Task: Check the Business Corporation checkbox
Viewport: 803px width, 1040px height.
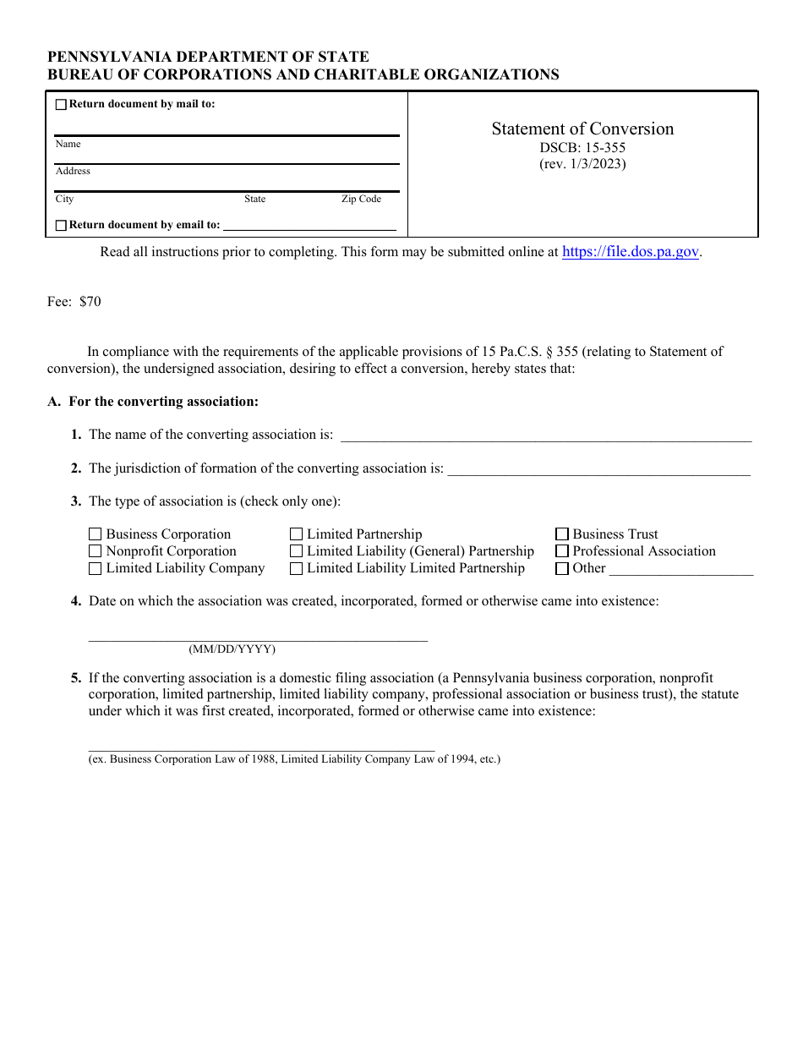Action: (96, 534)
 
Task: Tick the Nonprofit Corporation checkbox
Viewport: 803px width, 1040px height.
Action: (96, 551)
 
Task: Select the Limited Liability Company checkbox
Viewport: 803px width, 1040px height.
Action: (96, 569)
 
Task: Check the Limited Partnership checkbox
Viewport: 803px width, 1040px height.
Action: (297, 534)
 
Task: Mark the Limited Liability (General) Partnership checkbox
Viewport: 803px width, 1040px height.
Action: (297, 551)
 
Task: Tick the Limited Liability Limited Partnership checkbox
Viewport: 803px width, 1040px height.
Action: (297, 569)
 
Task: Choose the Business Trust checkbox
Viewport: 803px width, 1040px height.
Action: (562, 534)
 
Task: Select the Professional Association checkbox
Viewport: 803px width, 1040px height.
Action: (562, 551)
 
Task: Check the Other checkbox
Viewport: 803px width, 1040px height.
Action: (562, 569)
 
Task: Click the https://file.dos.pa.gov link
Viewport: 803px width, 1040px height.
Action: (631, 252)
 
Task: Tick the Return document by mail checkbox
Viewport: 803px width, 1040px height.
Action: (61, 105)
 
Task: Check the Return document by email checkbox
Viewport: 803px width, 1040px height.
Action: (61, 226)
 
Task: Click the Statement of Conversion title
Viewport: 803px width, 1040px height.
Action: (583, 129)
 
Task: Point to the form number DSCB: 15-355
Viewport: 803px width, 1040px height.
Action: (583, 148)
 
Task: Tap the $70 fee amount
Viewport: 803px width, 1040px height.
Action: (90, 302)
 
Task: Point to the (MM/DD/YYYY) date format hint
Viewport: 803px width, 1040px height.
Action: (232, 649)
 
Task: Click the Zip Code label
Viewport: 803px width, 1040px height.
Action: (361, 200)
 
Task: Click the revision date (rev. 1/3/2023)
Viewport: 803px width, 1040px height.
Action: (583, 164)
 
